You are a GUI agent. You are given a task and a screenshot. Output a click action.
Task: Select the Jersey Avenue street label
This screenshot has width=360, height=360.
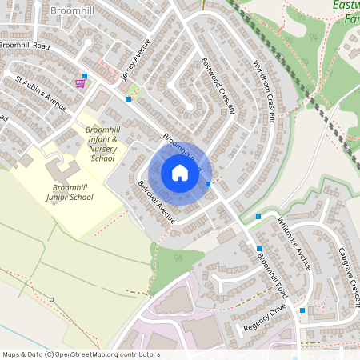pos(134,61)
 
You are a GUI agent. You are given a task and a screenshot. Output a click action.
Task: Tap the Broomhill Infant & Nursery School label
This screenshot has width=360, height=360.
pos(103,142)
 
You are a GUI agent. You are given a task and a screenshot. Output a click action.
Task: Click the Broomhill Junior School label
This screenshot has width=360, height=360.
pos(70,192)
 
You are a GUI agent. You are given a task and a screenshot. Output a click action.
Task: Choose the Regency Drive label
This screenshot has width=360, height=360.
pos(266,319)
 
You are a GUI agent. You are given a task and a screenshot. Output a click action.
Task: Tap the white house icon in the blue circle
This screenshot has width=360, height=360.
pos(180,172)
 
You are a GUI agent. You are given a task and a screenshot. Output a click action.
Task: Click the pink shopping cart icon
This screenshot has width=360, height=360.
pos(80,82)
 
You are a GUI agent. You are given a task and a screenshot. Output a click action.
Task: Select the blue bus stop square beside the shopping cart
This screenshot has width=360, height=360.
pos(85,75)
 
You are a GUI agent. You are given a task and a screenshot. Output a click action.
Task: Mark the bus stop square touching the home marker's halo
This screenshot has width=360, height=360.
pos(208,184)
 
